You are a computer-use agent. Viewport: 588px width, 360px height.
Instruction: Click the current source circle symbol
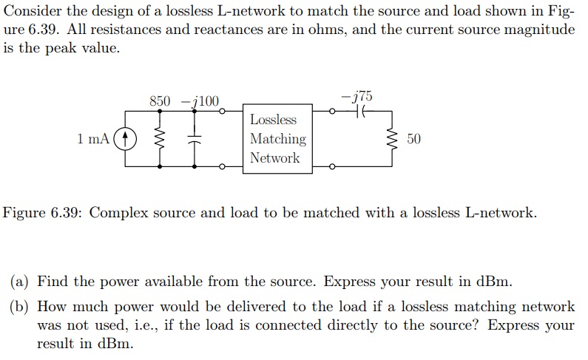pos(126,138)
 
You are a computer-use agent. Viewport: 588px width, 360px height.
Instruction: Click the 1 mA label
pos(93,138)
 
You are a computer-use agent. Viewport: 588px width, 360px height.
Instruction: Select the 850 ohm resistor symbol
pos(160,138)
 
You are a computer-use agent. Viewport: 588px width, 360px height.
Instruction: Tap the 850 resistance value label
pos(160,101)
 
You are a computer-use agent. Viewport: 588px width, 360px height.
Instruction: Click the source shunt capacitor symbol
pos(195,138)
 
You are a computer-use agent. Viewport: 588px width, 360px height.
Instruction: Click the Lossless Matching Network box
pos(277,139)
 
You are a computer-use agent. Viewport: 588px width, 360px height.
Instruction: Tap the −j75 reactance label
pos(358,96)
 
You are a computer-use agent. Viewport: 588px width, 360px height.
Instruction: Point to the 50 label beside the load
pos(413,139)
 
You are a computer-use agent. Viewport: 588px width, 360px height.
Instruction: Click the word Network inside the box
pos(275,157)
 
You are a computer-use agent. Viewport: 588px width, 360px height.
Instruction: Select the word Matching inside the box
pos(277,139)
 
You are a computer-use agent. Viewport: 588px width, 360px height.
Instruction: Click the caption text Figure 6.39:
pos(45,213)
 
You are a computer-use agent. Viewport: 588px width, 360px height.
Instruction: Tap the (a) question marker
pos(20,281)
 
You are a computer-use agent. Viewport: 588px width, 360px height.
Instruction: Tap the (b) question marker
pos(20,306)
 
